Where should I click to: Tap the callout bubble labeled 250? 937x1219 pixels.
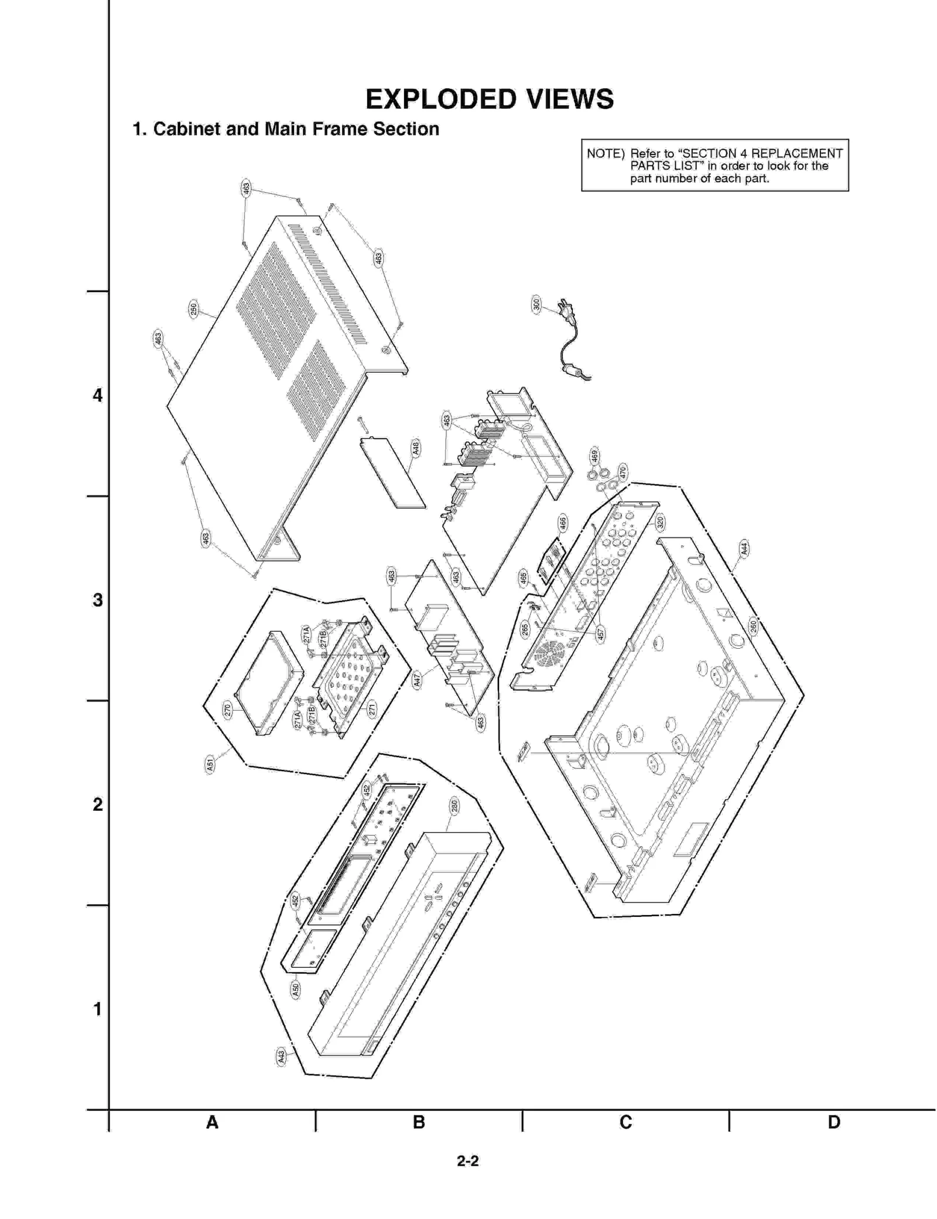tap(194, 309)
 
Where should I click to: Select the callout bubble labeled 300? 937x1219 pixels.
tap(536, 304)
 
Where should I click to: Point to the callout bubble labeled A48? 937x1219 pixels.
tap(416, 448)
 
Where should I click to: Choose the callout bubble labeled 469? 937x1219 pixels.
tap(594, 456)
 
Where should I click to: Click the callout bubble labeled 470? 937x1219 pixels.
tap(623, 472)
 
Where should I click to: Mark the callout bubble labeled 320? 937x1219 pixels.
tap(660, 523)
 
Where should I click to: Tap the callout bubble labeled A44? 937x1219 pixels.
tap(744, 548)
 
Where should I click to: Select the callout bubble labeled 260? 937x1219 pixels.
tap(753, 626)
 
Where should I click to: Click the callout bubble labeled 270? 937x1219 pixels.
tap(227, 710)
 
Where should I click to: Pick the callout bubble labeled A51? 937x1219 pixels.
tap(210, 764)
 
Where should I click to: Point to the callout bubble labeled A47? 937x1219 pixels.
tap(417, 680)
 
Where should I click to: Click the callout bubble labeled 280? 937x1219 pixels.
tap(454, 806)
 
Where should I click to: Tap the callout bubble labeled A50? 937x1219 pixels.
tap(296, 989)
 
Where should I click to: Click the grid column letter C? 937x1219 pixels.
tap(625, 1122)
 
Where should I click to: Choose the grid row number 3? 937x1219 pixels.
tap(98, 600)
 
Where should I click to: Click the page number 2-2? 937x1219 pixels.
tap(468, 1161)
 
